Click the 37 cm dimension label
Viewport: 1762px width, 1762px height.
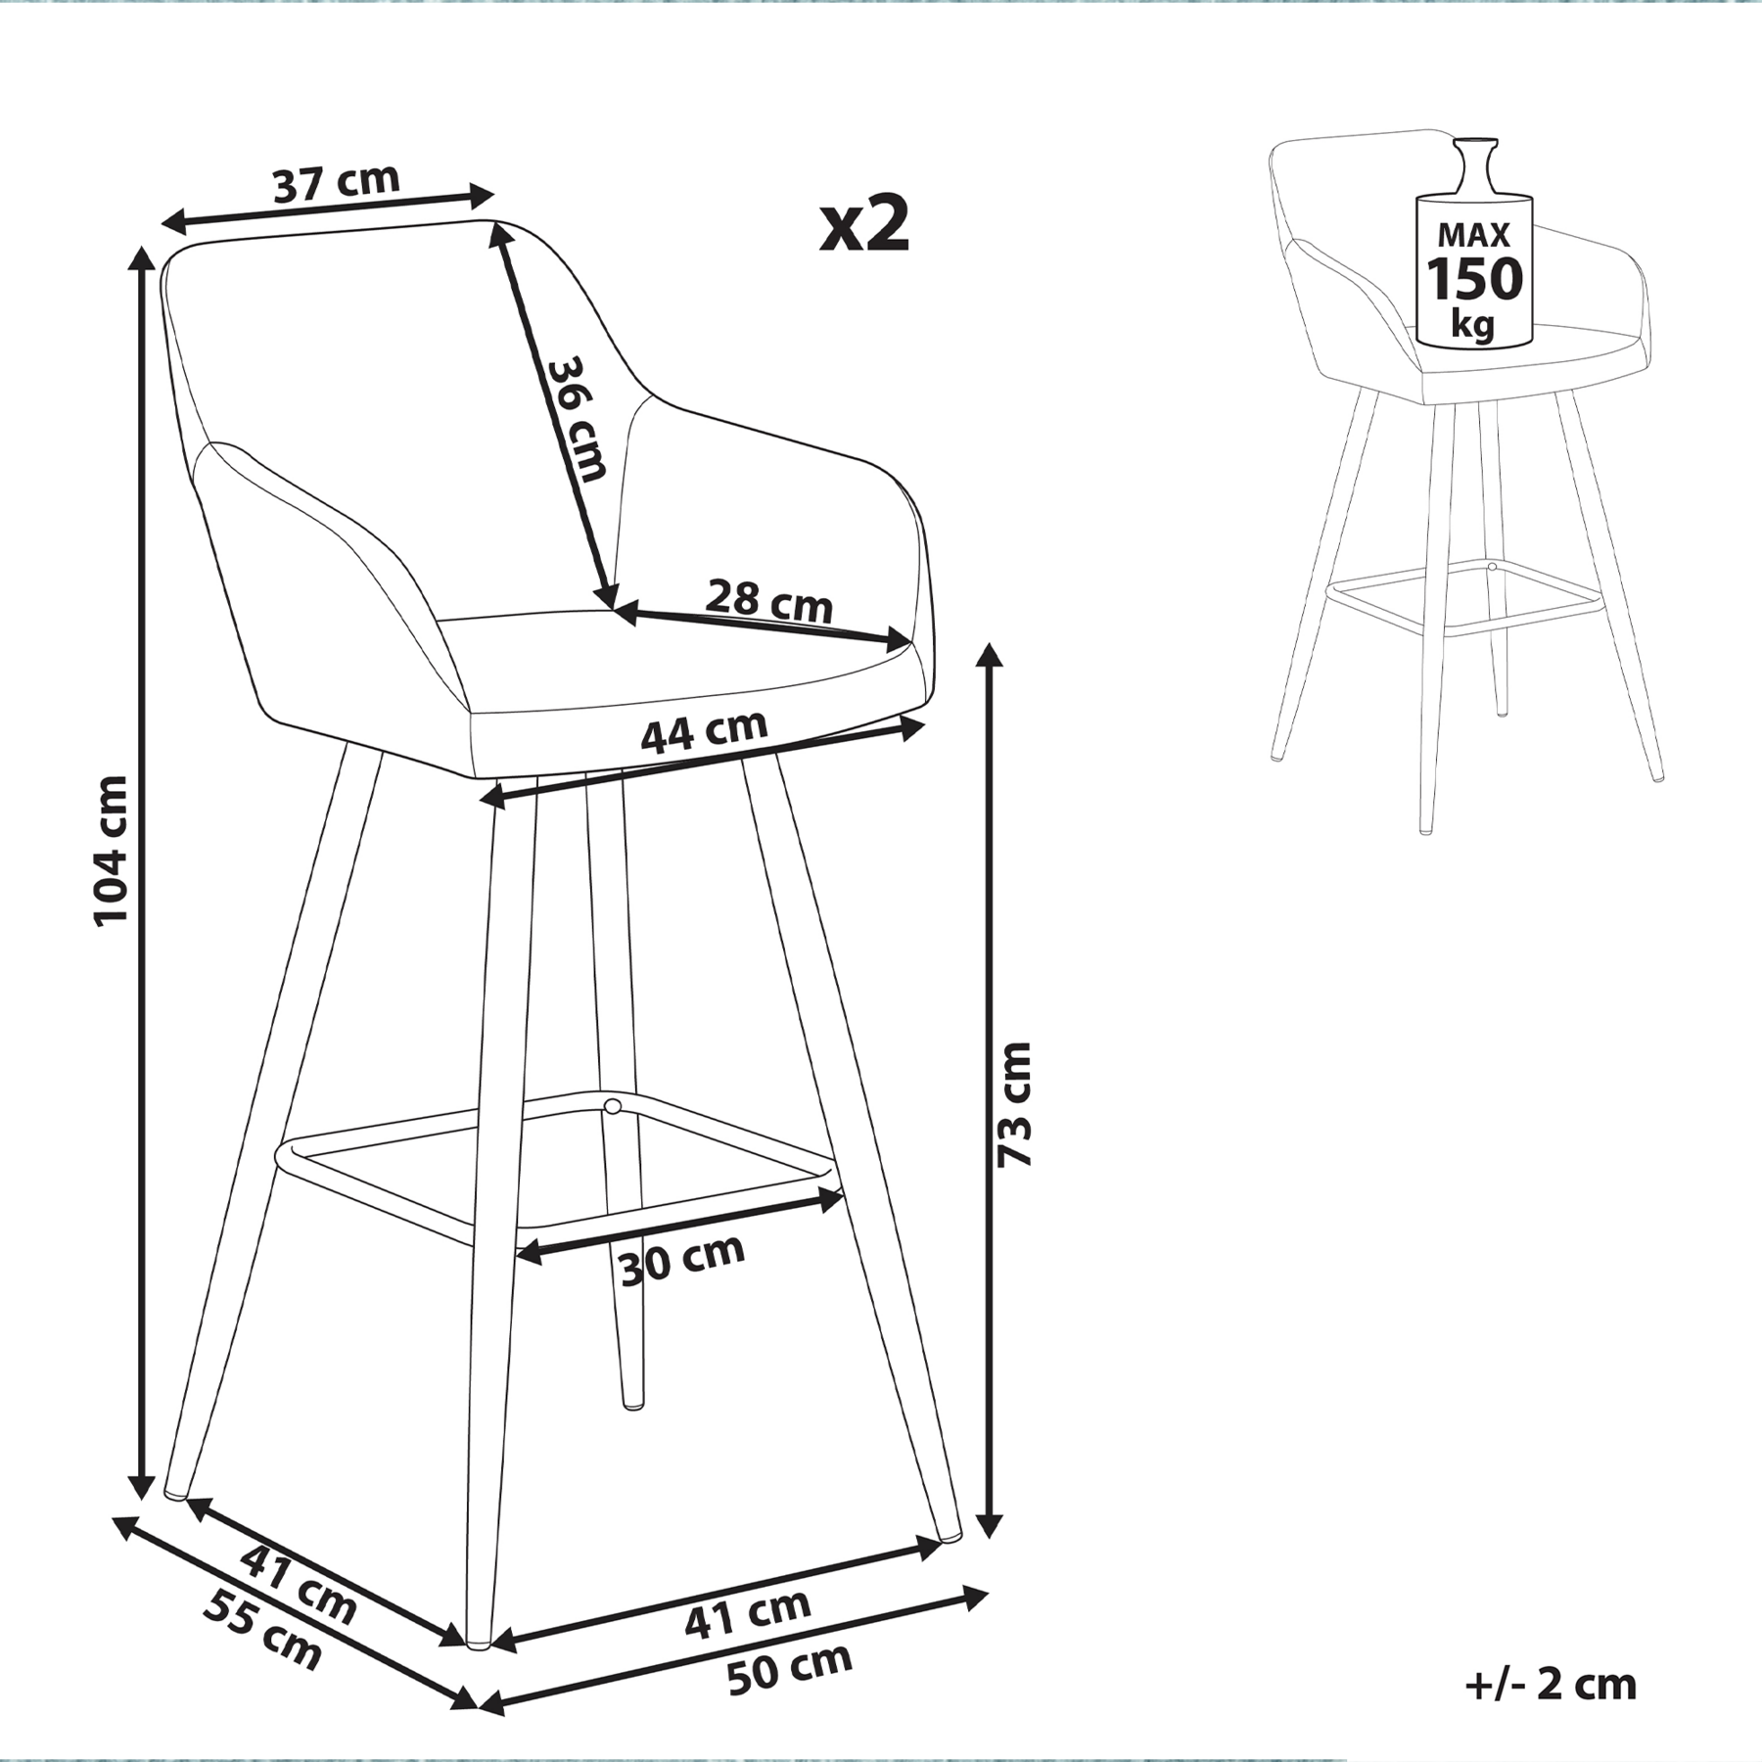(x=337, y=183)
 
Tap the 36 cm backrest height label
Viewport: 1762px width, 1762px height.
(x=577, y=419)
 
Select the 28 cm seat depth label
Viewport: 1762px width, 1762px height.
(x=768, y=601)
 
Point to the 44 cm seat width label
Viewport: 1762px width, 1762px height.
(x=704, y=730)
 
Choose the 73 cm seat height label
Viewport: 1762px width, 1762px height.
(x=1014, y=1104)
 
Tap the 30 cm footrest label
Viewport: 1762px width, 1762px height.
(x=682, y=1260)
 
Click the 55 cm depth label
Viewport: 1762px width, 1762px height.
(x=262, y=1630)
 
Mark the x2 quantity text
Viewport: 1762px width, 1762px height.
(x=865, y=224)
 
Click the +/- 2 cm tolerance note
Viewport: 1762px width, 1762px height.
(x=1551, y=1685)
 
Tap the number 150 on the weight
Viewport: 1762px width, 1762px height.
(x=1474, y=278)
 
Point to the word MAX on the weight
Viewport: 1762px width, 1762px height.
(x=1474, y=235)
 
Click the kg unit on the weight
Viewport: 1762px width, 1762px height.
(x=1474, y=322)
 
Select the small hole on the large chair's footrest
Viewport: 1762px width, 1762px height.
(x=613, y=1107)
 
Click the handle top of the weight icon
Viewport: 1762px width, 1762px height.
(x=1475, y=143)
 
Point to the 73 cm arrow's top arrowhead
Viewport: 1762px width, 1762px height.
(x=992, y=657)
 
